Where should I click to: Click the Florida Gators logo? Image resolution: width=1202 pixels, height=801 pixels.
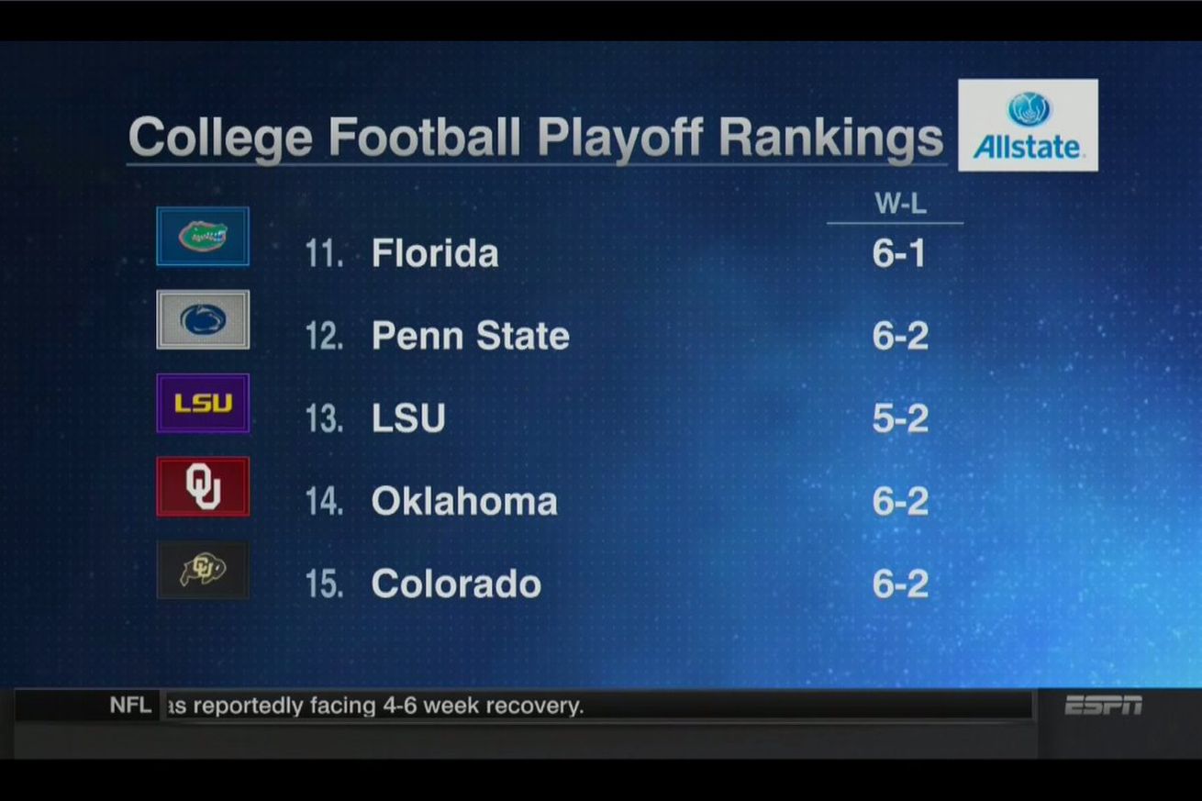pyautogui.click(x=203, y=237)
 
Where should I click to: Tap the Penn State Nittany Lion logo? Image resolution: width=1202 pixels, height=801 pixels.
pyautogui.click(x=203, y=319)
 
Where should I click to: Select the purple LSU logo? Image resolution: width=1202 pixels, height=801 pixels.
pyautogui.click(x=203, y=403)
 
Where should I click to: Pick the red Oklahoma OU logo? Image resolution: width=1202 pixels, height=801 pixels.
pyautogui.click(x=203, y=486)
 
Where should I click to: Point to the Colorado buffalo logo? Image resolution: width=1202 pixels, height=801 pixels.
pyautogui.click(x=203, y=570)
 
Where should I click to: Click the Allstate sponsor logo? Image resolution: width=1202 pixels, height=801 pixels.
pyautogui.click(x=1028, y=126)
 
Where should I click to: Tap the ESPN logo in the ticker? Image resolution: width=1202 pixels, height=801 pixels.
pyautogui.click(x=1104, y=706)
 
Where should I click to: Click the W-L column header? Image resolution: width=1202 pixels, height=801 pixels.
pyautogui.click(x=900, y=205)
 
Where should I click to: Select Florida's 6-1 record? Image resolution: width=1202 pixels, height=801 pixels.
pyautogui.click(x=900, y=254)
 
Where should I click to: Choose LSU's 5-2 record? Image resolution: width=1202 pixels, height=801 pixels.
pyautogui.click(x=900, y=419)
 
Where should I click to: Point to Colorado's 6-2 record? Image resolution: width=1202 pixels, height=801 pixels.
pyautogui.click(x=900, y=584)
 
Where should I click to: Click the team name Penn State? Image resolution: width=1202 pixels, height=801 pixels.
pyautogui.click(x=470, y=336)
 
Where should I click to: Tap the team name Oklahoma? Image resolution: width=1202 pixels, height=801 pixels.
pyautogui.click(x=464, y=502)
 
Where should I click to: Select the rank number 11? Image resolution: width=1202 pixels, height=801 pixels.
pyautogui.click(x=324, y=254)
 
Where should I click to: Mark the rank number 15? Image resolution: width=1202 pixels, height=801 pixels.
pyautogui.click(x=324, y=584)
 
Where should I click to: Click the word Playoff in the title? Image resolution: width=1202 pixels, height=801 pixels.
pyautogui.click(x=620, y=138)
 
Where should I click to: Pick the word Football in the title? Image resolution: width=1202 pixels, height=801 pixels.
pyautogui.click(x=425, y=138)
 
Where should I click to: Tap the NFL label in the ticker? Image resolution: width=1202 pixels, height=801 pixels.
pyautogui.click(x=130, y=706)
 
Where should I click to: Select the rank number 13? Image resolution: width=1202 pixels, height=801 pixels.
pyautogui.click(x=324, y=419)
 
